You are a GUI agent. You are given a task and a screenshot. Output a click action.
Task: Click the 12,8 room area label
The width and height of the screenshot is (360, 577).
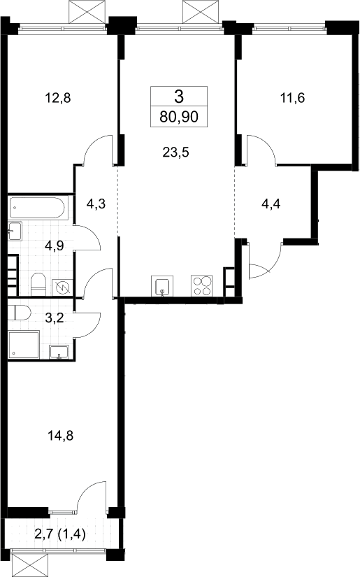point(57,98)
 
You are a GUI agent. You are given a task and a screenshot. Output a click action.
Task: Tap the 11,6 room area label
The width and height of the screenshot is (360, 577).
point(293,98)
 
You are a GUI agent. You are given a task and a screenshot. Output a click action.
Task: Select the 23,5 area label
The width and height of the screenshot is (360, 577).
point(175,152)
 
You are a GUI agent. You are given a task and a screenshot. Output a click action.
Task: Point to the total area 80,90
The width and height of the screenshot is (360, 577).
point(179,117)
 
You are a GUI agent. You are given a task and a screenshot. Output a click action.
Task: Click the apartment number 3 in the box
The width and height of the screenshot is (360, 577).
point(179,97)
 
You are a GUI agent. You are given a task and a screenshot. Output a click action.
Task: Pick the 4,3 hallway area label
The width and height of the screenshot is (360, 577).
point(96,204)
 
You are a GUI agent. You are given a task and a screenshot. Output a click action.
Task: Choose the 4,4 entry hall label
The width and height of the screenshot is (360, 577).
point(271,204)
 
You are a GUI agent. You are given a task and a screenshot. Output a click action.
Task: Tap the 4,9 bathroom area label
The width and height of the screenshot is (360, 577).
point(55,245)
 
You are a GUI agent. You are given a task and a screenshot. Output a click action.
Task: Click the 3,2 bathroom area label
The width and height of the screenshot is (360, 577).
point(55,318)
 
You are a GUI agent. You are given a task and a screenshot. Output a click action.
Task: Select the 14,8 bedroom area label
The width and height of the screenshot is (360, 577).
point(60,436)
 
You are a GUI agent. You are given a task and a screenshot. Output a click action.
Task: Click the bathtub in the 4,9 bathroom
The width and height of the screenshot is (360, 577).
point(38,208)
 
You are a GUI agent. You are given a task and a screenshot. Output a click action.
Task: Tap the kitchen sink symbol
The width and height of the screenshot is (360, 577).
point(162,286)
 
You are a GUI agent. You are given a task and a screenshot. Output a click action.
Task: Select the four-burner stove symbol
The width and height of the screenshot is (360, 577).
point(201,285)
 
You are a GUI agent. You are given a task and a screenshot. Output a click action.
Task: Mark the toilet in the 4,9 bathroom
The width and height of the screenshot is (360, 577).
point(38,284)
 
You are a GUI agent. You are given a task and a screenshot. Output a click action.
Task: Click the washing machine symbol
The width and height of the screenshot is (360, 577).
point(62,287)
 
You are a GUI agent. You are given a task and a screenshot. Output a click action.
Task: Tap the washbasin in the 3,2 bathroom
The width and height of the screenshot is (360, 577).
point(59,352)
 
